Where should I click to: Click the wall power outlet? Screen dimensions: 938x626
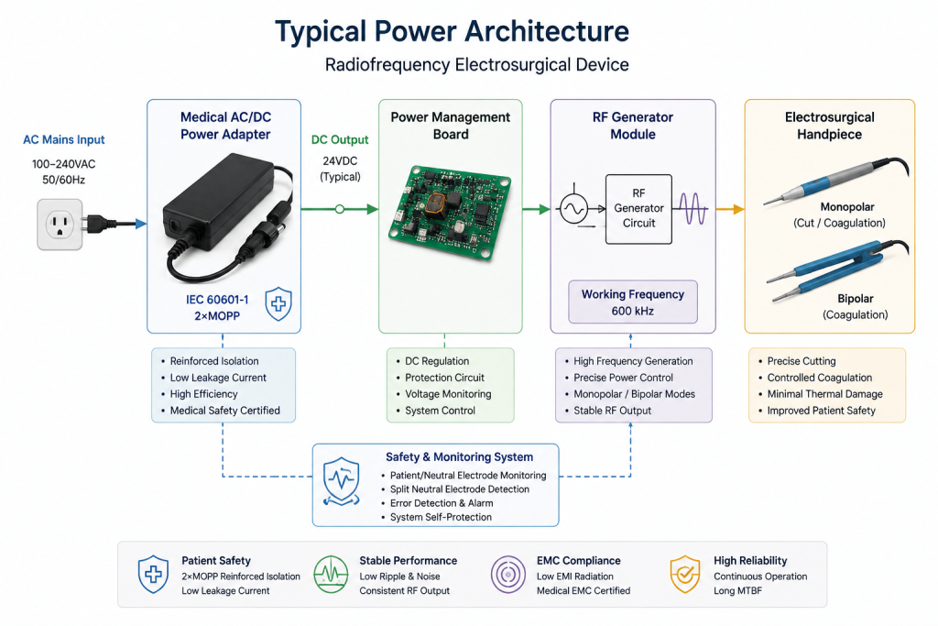pyautogui.click(x=60, y=225)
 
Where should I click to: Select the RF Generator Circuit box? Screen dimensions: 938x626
pyautogui.click(x=638, y=209)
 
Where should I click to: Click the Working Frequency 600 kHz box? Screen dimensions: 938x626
pyautogui.click(x=633, y=302)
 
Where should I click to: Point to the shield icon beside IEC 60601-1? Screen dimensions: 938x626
pyautogui.click(x=278, y=303)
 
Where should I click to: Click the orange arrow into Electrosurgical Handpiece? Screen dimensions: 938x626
pyautogui.click(x=730, y=209)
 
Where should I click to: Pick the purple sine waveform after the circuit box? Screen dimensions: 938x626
pyautogui.click(x=693, y=209)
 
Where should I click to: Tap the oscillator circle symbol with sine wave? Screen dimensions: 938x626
pyautogui.click(x=573, y=209)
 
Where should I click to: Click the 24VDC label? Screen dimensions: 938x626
pyautogui.click(x=340, y=161)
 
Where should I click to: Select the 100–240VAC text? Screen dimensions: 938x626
pyautogui.click(x=63, y=164)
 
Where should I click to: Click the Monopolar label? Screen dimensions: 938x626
pyautogui.click(x=847, y=207)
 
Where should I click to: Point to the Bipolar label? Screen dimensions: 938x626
pyautogui.click(x=856, y=299)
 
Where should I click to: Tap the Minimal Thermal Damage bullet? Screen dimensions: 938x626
pyautogui.click(x=820, y=394)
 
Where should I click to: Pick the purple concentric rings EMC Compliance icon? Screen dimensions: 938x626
pyautogui.click(x=507, y=575)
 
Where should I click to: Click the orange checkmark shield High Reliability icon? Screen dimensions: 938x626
pyautogui.click(x=685, y=575)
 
